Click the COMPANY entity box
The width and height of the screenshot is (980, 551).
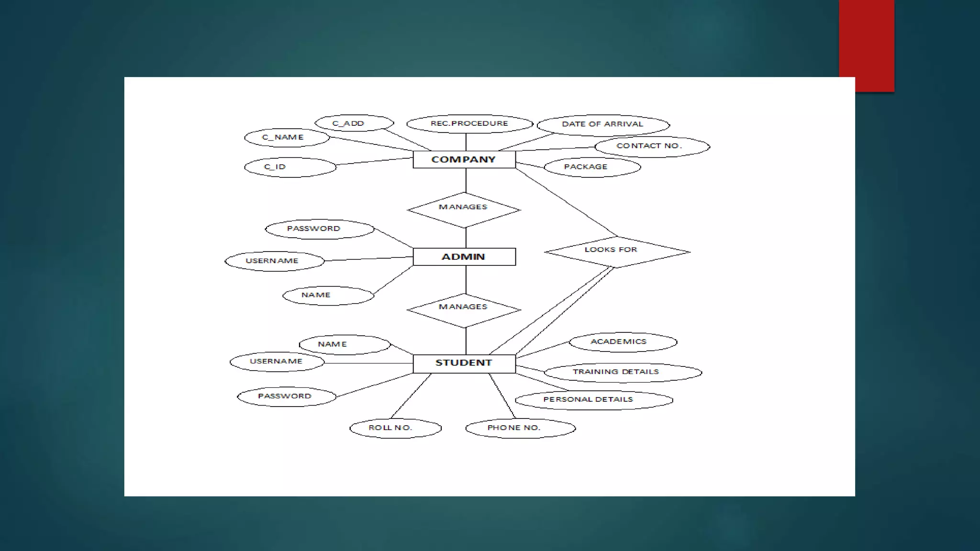pos(464,159)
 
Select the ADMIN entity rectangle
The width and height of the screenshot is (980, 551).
pos(464,257)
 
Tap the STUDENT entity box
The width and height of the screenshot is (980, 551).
pos(464,364)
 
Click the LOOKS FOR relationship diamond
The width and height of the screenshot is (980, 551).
pos(616,252)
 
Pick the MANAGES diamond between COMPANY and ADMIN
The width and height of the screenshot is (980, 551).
pos(463,209)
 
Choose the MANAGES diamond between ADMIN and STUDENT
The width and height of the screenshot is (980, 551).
pos(463,310)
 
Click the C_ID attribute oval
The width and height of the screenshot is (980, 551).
pos(290,167)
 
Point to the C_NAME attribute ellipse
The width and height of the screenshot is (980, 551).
pos(287,138)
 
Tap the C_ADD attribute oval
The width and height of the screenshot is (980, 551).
pos(354,123)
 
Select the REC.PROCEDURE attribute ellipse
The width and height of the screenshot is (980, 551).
pos(469,124)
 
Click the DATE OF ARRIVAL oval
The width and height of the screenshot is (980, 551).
pos(603,125)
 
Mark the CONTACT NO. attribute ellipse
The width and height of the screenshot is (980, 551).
pos(652,146)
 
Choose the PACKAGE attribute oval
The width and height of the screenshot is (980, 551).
pos(592,167)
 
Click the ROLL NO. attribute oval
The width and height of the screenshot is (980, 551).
pos(395,428)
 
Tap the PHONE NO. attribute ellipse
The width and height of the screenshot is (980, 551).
pos(520,428)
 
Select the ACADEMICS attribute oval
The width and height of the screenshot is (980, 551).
pos(623,342)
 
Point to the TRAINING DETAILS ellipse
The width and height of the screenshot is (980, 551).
pos(623,372)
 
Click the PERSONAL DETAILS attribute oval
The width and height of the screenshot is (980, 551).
pos(593,400)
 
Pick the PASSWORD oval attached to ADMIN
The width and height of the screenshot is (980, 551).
pos(319,229)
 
